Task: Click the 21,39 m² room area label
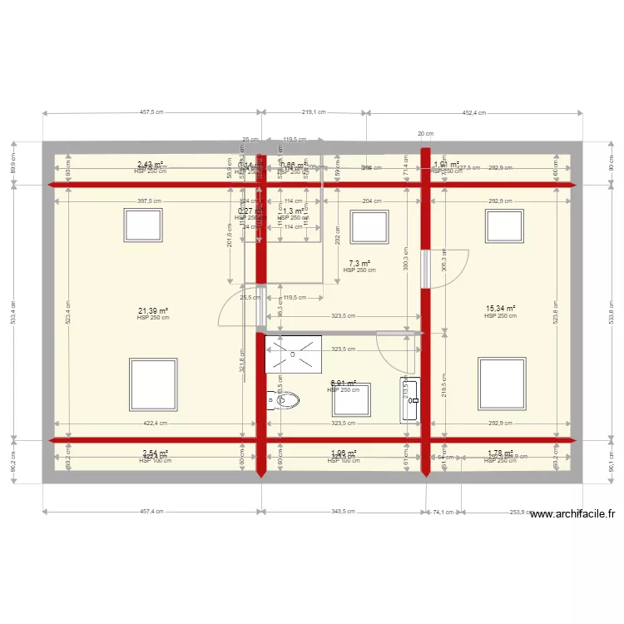coord(153,310)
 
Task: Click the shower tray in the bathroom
coord(293,354)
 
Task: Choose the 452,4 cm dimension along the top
coord(475,112)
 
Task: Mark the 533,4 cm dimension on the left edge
coord(14,310)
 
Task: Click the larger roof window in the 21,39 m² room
coord(153,384)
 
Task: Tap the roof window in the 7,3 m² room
coord(365,225)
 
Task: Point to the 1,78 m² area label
coord(500,453)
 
